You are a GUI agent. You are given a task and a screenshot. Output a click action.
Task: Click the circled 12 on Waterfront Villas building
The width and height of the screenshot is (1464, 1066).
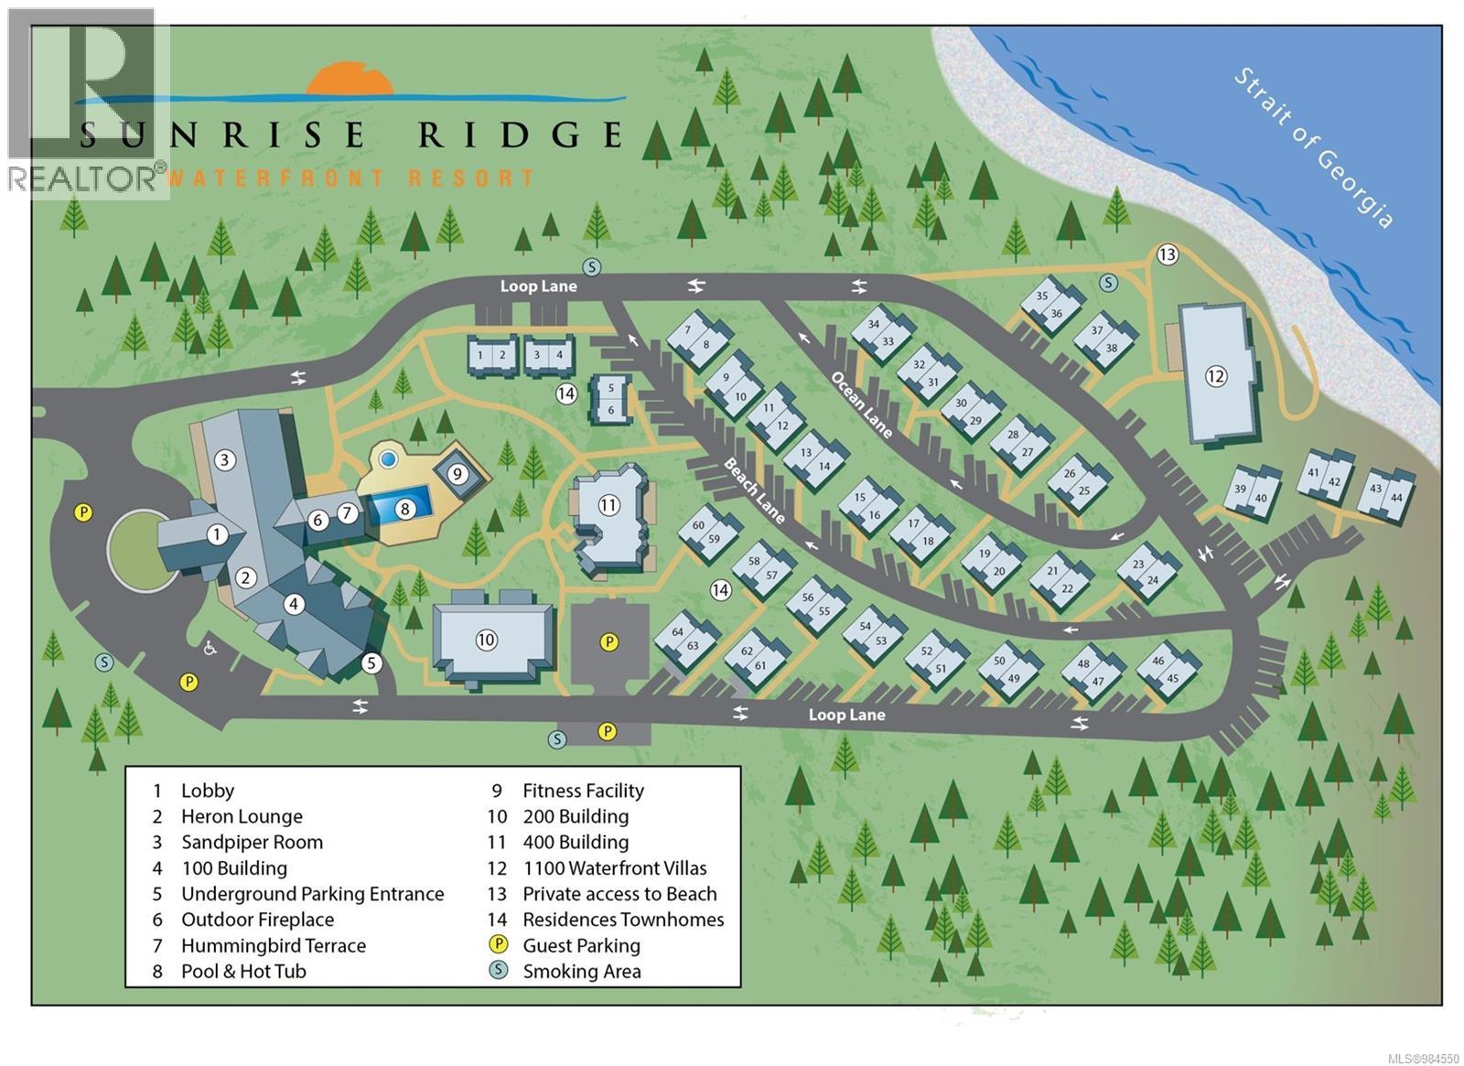tap(1215, 376)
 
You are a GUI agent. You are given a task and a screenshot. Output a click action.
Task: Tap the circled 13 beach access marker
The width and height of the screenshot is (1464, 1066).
tap(1167, 254)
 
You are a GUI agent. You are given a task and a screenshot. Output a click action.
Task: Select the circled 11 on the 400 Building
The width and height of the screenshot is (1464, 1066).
tap(609, 504)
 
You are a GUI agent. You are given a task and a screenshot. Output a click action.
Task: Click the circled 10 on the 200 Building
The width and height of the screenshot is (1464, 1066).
tap(486, 640)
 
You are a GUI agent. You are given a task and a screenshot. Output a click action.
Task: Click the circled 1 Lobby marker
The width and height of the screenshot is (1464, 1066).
tap(217, 534)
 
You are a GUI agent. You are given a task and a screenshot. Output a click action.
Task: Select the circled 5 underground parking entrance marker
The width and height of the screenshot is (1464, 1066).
tap(371, 662)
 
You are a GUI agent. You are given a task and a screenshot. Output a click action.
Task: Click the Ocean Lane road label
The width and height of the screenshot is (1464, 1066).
tap(861, 404)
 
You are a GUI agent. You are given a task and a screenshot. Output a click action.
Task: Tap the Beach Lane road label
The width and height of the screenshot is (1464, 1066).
tap(754, 490)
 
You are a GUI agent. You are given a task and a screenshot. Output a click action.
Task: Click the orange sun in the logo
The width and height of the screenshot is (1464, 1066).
tap(350, 79)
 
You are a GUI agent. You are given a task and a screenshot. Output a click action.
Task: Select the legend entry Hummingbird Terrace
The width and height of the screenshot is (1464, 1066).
tap(273, 945)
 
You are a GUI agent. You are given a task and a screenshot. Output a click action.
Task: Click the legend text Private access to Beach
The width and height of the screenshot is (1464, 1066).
tap(619, 894)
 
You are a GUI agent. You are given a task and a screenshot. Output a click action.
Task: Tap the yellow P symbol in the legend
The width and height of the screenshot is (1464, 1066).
tap(499, 944)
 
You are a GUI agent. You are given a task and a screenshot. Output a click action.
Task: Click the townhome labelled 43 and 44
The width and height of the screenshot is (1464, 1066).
tap(1385, 493)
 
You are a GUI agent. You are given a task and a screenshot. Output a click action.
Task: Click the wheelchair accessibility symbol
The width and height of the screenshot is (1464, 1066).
tap(210, 648)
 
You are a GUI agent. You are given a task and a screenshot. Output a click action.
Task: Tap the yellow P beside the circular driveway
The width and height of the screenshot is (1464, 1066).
tap(83, 512)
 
